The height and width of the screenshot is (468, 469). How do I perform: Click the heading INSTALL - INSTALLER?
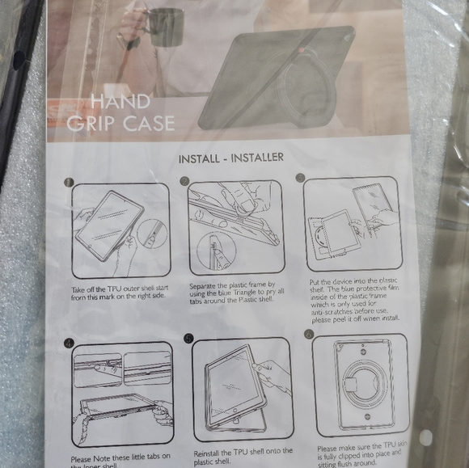click(x=230, y=157)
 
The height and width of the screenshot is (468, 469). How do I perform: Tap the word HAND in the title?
click(x=120, y=102)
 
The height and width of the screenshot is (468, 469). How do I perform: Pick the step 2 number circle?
click(x=184, y=180)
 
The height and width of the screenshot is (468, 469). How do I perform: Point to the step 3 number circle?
click(x=301, y=178)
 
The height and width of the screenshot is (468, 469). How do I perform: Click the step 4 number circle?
click(x=70, y=341)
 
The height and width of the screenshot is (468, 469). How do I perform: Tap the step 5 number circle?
click(x=188, y=338)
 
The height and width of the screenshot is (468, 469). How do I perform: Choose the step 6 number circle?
click(x=308, y=334)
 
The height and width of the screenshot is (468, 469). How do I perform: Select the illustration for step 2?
click(x=235, y=227)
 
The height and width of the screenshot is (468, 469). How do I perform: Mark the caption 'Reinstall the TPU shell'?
click(x=243, y=455)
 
